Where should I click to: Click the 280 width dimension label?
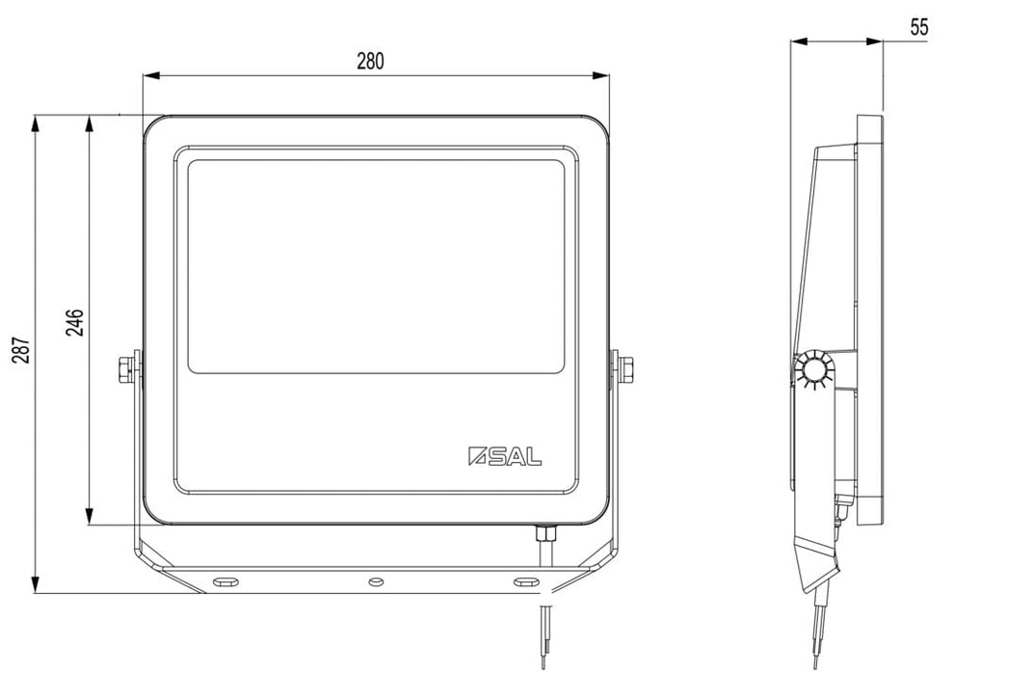point(370,62)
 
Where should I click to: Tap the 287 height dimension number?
point(21,351)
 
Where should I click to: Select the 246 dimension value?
point(74,322)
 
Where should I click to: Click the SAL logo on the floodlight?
point(505,456)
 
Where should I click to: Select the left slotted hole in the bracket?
point(225,581)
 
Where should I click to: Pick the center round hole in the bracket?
point(376,581)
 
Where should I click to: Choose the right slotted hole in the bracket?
point(526,581)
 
